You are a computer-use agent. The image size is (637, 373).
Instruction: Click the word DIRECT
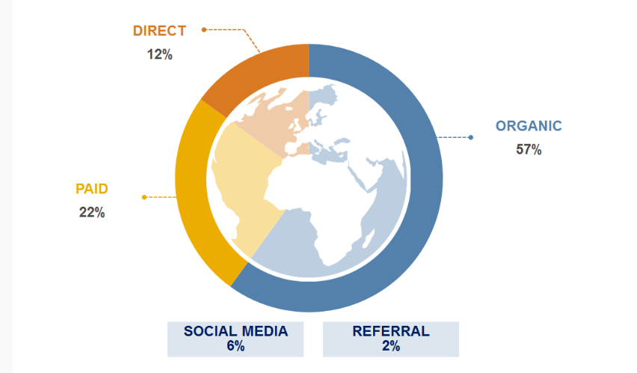pyautogui.click(x=159, y=31)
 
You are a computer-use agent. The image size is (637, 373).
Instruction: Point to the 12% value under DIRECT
pyautogui.click(x=160, y=55)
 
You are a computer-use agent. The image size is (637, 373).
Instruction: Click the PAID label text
pyautogui.click(x=92, y=189)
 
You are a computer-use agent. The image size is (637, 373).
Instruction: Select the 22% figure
pyautogui.click(x=92, y=212)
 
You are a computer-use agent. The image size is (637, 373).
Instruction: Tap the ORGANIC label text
pyautogui.click(x=529, y=126)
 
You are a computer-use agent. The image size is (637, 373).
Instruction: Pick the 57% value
pyautogui.click(x=529, y=150)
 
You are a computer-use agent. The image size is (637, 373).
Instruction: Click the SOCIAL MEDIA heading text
pyautogui.click(x=236, y=331)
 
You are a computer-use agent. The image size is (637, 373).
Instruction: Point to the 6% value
pyautogui.click(x=236, y=346)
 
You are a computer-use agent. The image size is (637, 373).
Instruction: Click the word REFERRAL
pyautogui.click(x=391, y=331)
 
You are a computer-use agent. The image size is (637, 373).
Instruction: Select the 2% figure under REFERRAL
pyautogui.click(x=391, y=346)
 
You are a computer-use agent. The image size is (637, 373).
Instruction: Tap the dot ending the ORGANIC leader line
pyautogui.click(x=471, y=138)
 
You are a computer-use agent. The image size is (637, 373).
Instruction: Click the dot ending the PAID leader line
pyautogui.click(x=144, y=197)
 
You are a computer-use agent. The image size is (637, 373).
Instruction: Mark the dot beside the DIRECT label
pyautogui.click(x=204, y=30)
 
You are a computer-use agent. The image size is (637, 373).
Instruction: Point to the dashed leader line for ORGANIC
pyautogui.click(x=453, y=138)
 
